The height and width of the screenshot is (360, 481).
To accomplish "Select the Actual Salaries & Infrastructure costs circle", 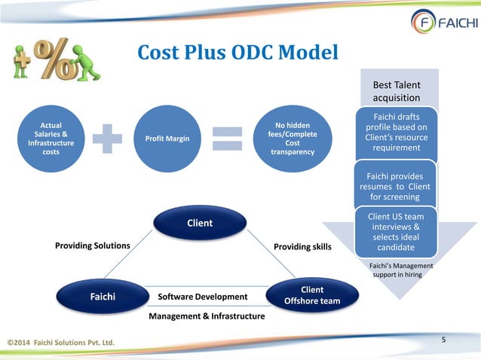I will coord(51,138).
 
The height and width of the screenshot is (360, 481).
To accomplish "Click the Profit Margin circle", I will coord(172,139).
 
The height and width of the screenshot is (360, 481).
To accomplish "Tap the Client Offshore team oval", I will coord(312,295).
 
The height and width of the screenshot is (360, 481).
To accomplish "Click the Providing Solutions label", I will coord(93,246).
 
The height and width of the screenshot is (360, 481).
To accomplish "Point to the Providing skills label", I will coord(302,246).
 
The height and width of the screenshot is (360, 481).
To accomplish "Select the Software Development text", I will coord(202,297).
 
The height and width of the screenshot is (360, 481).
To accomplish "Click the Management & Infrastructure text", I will coord(206,316).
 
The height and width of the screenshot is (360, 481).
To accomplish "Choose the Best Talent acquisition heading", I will coord(397,91).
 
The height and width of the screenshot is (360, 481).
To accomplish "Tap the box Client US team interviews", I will coord(395,232).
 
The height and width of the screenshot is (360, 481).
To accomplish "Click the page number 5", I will coord(444,340).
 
